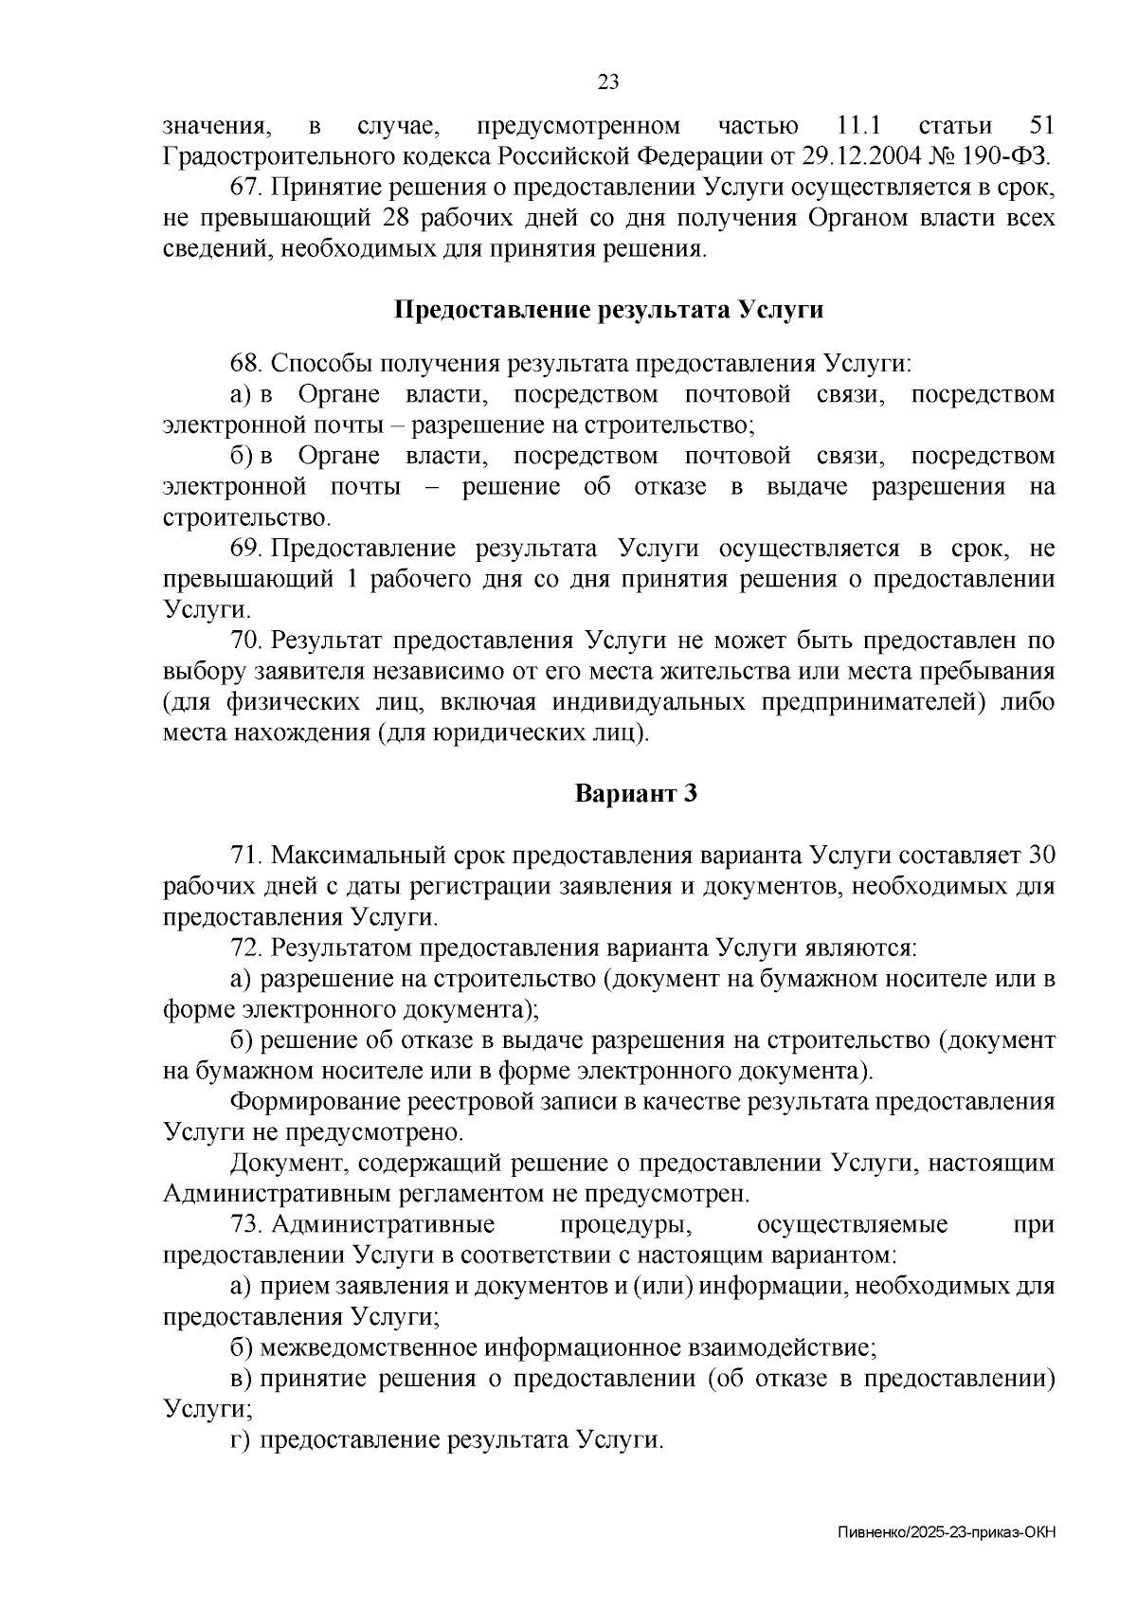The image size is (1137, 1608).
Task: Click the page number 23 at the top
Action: tap(608, 81)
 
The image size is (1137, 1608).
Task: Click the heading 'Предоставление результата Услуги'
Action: tap(608, 310)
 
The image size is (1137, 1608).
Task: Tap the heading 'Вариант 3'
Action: tap(637, 793)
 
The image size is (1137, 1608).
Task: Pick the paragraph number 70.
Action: tap(245, 641)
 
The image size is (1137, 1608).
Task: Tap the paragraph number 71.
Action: tap(245, 856)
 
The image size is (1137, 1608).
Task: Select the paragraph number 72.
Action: tap(245, 948)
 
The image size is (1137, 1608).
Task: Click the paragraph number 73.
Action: tap(245, 1224)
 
